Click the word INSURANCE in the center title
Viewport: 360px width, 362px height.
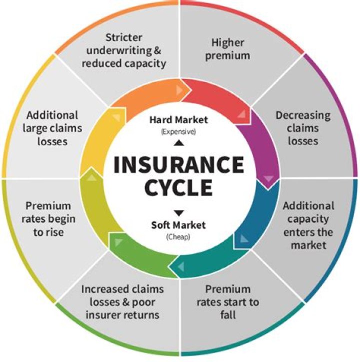[179, 165]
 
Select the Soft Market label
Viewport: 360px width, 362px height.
[178, 225]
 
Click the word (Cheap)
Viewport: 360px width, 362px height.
[178, 237]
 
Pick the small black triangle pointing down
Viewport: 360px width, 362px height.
[179, 212]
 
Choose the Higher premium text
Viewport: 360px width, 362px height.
[230, 49]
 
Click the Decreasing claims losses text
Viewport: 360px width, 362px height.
[303, 128]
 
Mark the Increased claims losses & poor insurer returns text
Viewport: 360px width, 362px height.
[122, 302]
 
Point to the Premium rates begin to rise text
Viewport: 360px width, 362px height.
[48, 219]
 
